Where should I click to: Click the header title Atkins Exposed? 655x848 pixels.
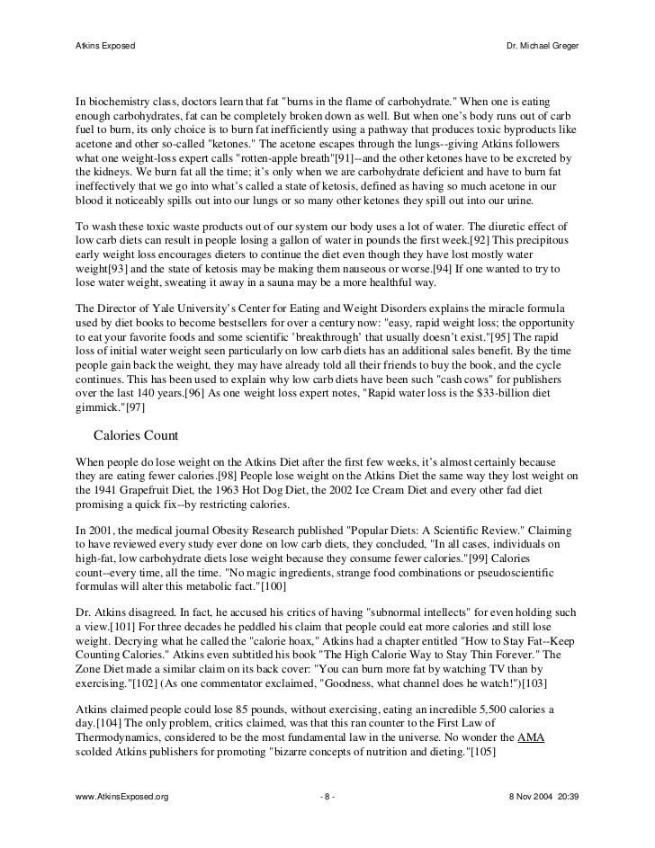click(104, 45)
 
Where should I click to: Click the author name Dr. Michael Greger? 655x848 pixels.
click(545, 45)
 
